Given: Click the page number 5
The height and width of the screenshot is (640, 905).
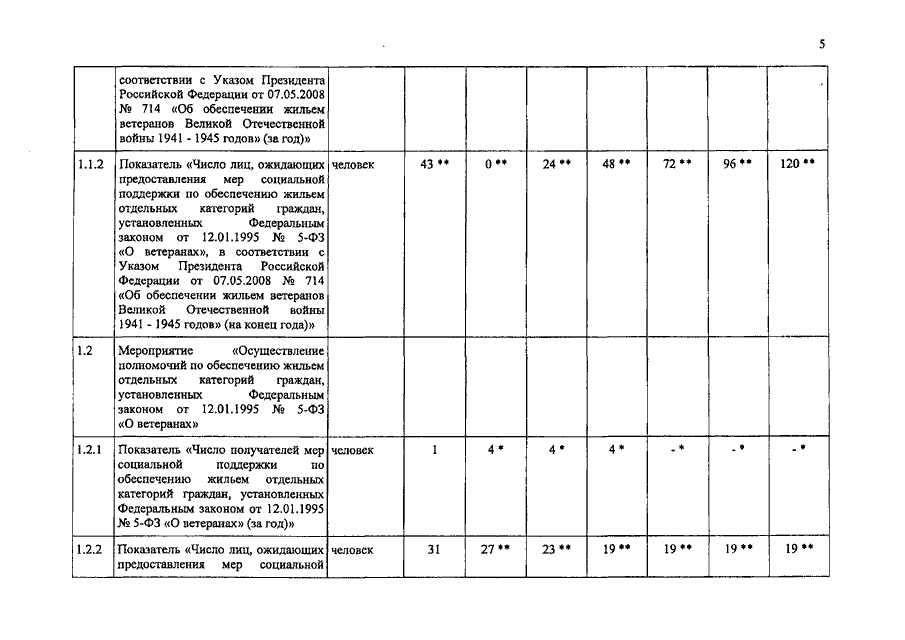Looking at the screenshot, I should tap(821, 44).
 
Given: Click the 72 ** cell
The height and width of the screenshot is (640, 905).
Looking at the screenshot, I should tap(677, 164).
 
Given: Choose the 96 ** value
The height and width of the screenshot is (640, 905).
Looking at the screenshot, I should tap(737, 164).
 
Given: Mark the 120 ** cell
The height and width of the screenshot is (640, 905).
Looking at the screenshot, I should tap(797, 164).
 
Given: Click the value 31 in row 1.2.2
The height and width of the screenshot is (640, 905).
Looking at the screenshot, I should tap(434, 549).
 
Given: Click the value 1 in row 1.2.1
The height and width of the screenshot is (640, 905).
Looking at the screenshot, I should tap(435, 451).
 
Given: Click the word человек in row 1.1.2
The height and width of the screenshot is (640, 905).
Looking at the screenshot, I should tap(353, 164).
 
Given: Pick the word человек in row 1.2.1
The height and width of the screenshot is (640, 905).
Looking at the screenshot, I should tap(353, 451).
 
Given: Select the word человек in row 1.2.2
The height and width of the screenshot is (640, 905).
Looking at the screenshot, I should tap(353, 549).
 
